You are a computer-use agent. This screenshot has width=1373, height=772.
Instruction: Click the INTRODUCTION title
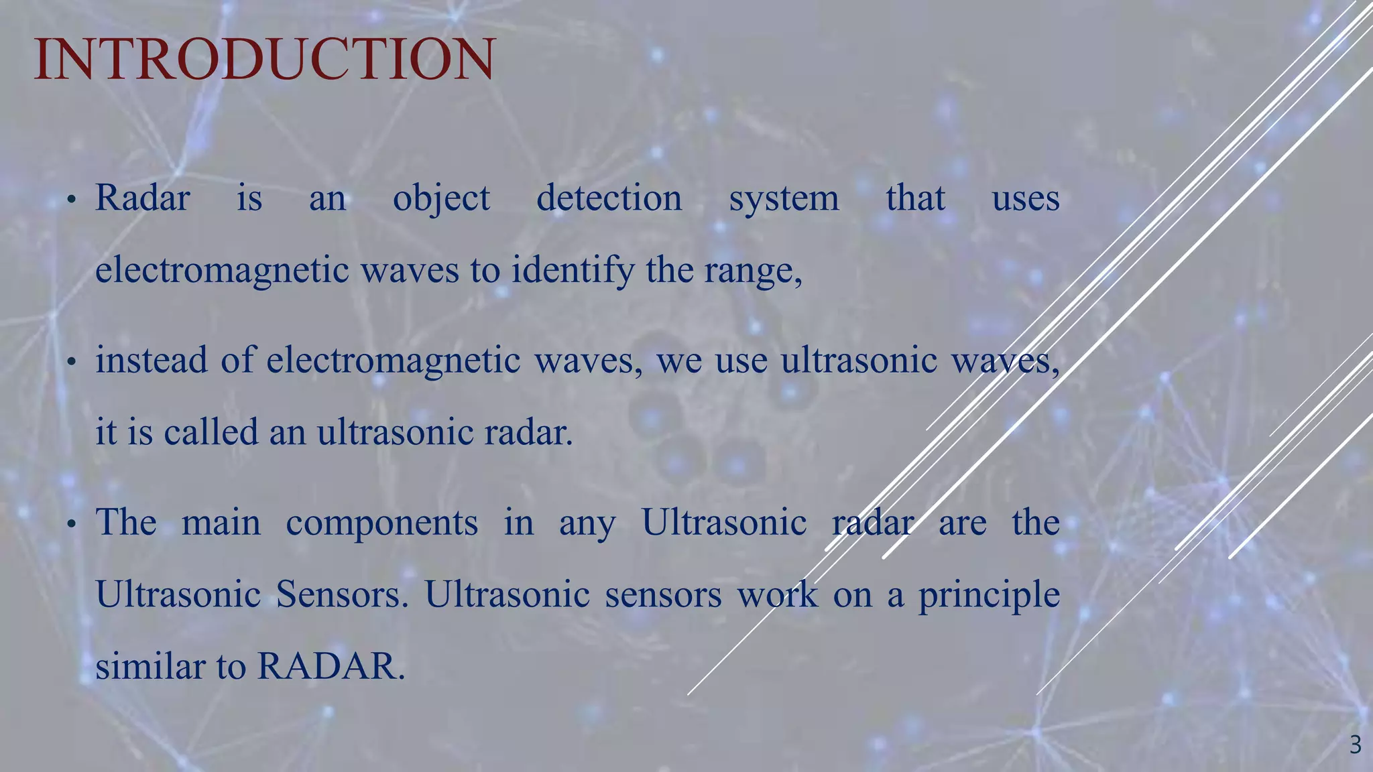(264, 60)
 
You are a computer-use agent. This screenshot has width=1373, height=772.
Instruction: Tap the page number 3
(1355, 745)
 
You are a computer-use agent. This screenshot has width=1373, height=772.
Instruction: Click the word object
(441, 199)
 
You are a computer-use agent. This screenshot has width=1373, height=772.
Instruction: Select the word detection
(609, 198)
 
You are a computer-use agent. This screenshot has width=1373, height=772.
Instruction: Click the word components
(382, 523)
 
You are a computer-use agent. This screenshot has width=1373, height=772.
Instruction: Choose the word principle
(989, 595)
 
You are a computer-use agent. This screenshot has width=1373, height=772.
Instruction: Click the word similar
(150, 666)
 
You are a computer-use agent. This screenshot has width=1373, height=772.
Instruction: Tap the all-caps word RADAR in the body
(331, 667)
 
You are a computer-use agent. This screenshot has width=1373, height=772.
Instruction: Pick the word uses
(1026, 199)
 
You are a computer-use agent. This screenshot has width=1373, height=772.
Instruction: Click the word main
(221, 523)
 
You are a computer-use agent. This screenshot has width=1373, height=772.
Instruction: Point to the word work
(778, 594)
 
